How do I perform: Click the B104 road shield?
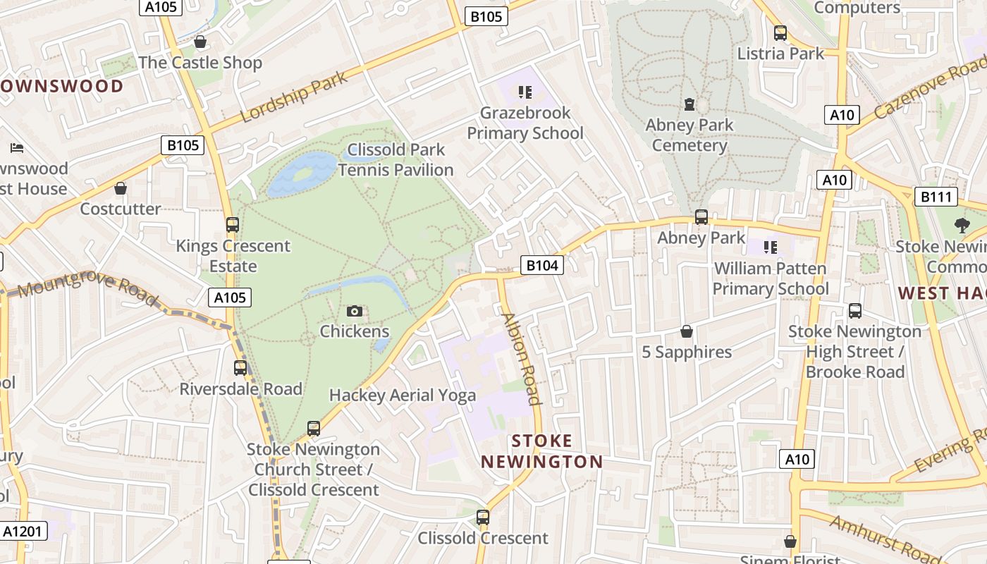(x=542, y=265)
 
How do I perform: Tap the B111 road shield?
(x=936, y=197)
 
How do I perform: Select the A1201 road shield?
(x=23, y=531)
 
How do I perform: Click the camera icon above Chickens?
(x=355, y=311)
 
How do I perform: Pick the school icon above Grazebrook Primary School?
(x=525, y=92)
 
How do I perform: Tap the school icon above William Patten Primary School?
(x=771, y=247)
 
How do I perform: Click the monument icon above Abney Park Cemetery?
(x=689, y=104)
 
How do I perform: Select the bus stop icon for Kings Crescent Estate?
(x=233, y=225)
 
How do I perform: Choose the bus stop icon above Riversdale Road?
(x=240, y=368)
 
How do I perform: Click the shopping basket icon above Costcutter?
(x=121, y=188)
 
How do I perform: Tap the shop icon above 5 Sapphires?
(x=686, y=331)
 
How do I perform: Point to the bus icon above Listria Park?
(x=780, y=33)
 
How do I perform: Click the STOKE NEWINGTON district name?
(x=541, y=451)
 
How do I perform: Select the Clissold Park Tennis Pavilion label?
(x=396, y=159)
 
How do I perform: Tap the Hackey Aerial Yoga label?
(x=403, y=396)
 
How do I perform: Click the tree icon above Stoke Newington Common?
(x=962, y=226)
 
